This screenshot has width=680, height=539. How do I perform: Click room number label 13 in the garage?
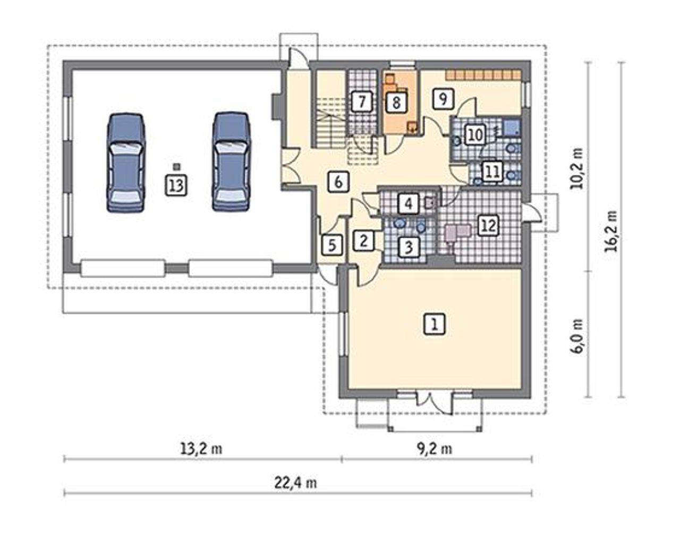(x=176, y=185)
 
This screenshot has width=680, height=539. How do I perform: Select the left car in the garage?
(x=126, y=162)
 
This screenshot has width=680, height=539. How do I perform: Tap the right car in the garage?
(x=232, y=162)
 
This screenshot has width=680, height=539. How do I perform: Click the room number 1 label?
(x=435, y=324)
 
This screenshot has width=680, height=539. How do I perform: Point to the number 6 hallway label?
(x=338, y=182)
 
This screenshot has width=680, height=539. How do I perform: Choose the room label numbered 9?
(x=443, y=99)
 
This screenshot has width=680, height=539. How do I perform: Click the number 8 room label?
(x=396, y=102)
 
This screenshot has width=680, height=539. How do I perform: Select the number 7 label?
(x=362, y=102)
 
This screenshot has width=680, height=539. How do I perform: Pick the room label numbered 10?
(x=475, y=135)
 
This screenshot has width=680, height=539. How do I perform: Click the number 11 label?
(x=492, y=172)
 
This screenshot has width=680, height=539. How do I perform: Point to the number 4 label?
(x=408, y=204)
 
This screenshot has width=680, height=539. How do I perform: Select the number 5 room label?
(x=332, y=245)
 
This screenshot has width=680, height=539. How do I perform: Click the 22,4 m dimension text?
(x=295, y=483)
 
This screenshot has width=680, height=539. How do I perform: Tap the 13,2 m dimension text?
(x=201, y=449)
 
